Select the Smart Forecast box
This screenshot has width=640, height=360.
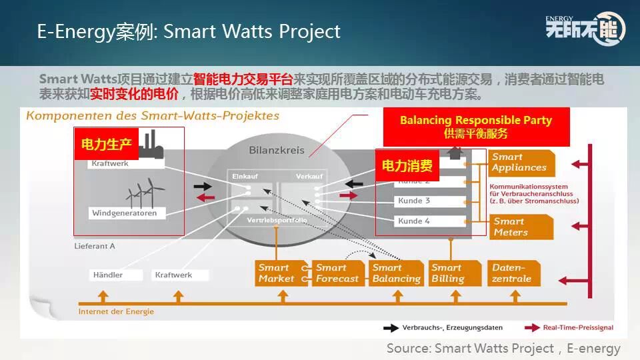[x=338, y=273]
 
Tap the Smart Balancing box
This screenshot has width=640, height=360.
[x=396, y=273]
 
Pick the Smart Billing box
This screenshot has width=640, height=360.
[x=451, y=273]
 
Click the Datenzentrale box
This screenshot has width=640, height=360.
[x=513, y=273]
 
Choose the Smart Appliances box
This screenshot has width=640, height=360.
[x=521, y=162]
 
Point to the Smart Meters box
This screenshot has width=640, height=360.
[x=521, y=227]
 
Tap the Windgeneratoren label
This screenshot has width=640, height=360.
[x=125, y=213]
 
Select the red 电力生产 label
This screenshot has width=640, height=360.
[x=106, y=143]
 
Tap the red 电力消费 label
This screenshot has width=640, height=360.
[x=407, y=165]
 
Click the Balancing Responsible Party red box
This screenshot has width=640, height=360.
[x=476, y=126]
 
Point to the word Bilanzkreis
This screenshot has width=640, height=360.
[x=276, y=151]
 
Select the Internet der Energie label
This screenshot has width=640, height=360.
[x=116, y=311]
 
